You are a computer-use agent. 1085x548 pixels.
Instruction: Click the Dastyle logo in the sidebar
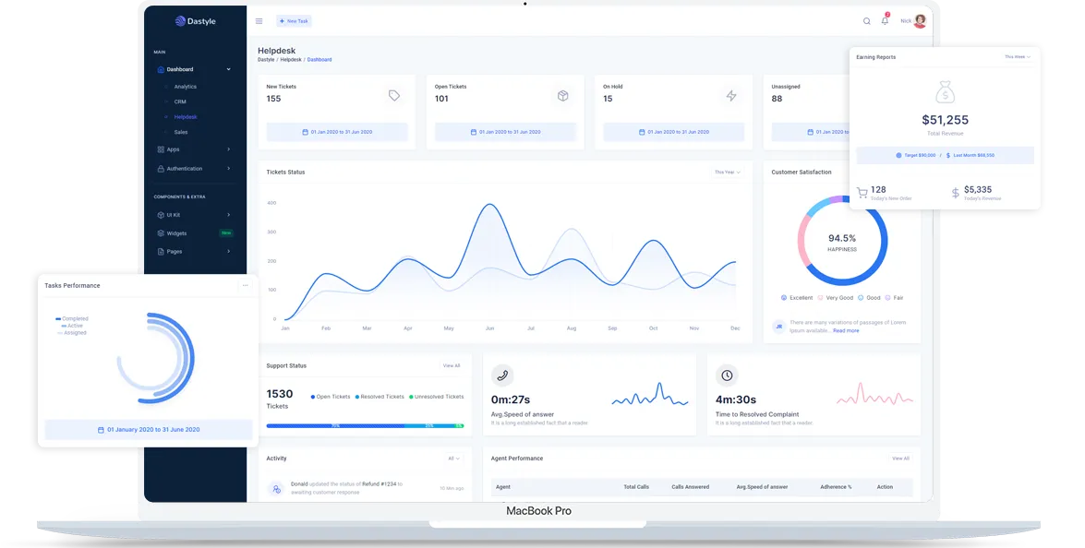[x=195, y=21]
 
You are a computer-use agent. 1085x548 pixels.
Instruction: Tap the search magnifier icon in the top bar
[x=866, y=21]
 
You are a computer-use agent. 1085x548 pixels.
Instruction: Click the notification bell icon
[x=885, y=21]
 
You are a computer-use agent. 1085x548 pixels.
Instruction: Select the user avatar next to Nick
[x=920, y=21]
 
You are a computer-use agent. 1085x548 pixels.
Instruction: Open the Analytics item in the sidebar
[x=185, y=87]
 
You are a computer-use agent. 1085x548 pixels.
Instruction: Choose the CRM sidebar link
[x=180, y=101]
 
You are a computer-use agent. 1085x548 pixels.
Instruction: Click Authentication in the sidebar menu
[x=185, y=169]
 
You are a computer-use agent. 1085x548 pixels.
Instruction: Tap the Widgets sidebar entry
[x=176, y=233]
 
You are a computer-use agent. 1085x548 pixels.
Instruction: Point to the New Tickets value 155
[x=273, y=99]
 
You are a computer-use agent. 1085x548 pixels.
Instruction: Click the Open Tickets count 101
[x=441, y=99]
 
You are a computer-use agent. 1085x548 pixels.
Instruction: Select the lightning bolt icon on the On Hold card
[x=731, y=96]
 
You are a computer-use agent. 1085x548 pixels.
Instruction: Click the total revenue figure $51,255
[x=945, y=120]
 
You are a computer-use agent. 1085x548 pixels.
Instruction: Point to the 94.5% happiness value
[x=842, y=238]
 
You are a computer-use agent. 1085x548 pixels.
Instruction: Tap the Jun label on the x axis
[x=489, y=328]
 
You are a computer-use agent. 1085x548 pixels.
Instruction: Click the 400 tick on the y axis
[x=271, y=203]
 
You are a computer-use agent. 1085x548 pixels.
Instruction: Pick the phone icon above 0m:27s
[x=502, y=375]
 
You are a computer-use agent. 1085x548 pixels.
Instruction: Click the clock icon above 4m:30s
[x=727, y=375]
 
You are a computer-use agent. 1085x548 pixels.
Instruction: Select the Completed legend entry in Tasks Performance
[x=75, y=319]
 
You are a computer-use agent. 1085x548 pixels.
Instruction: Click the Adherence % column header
[x=836, y=487]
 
